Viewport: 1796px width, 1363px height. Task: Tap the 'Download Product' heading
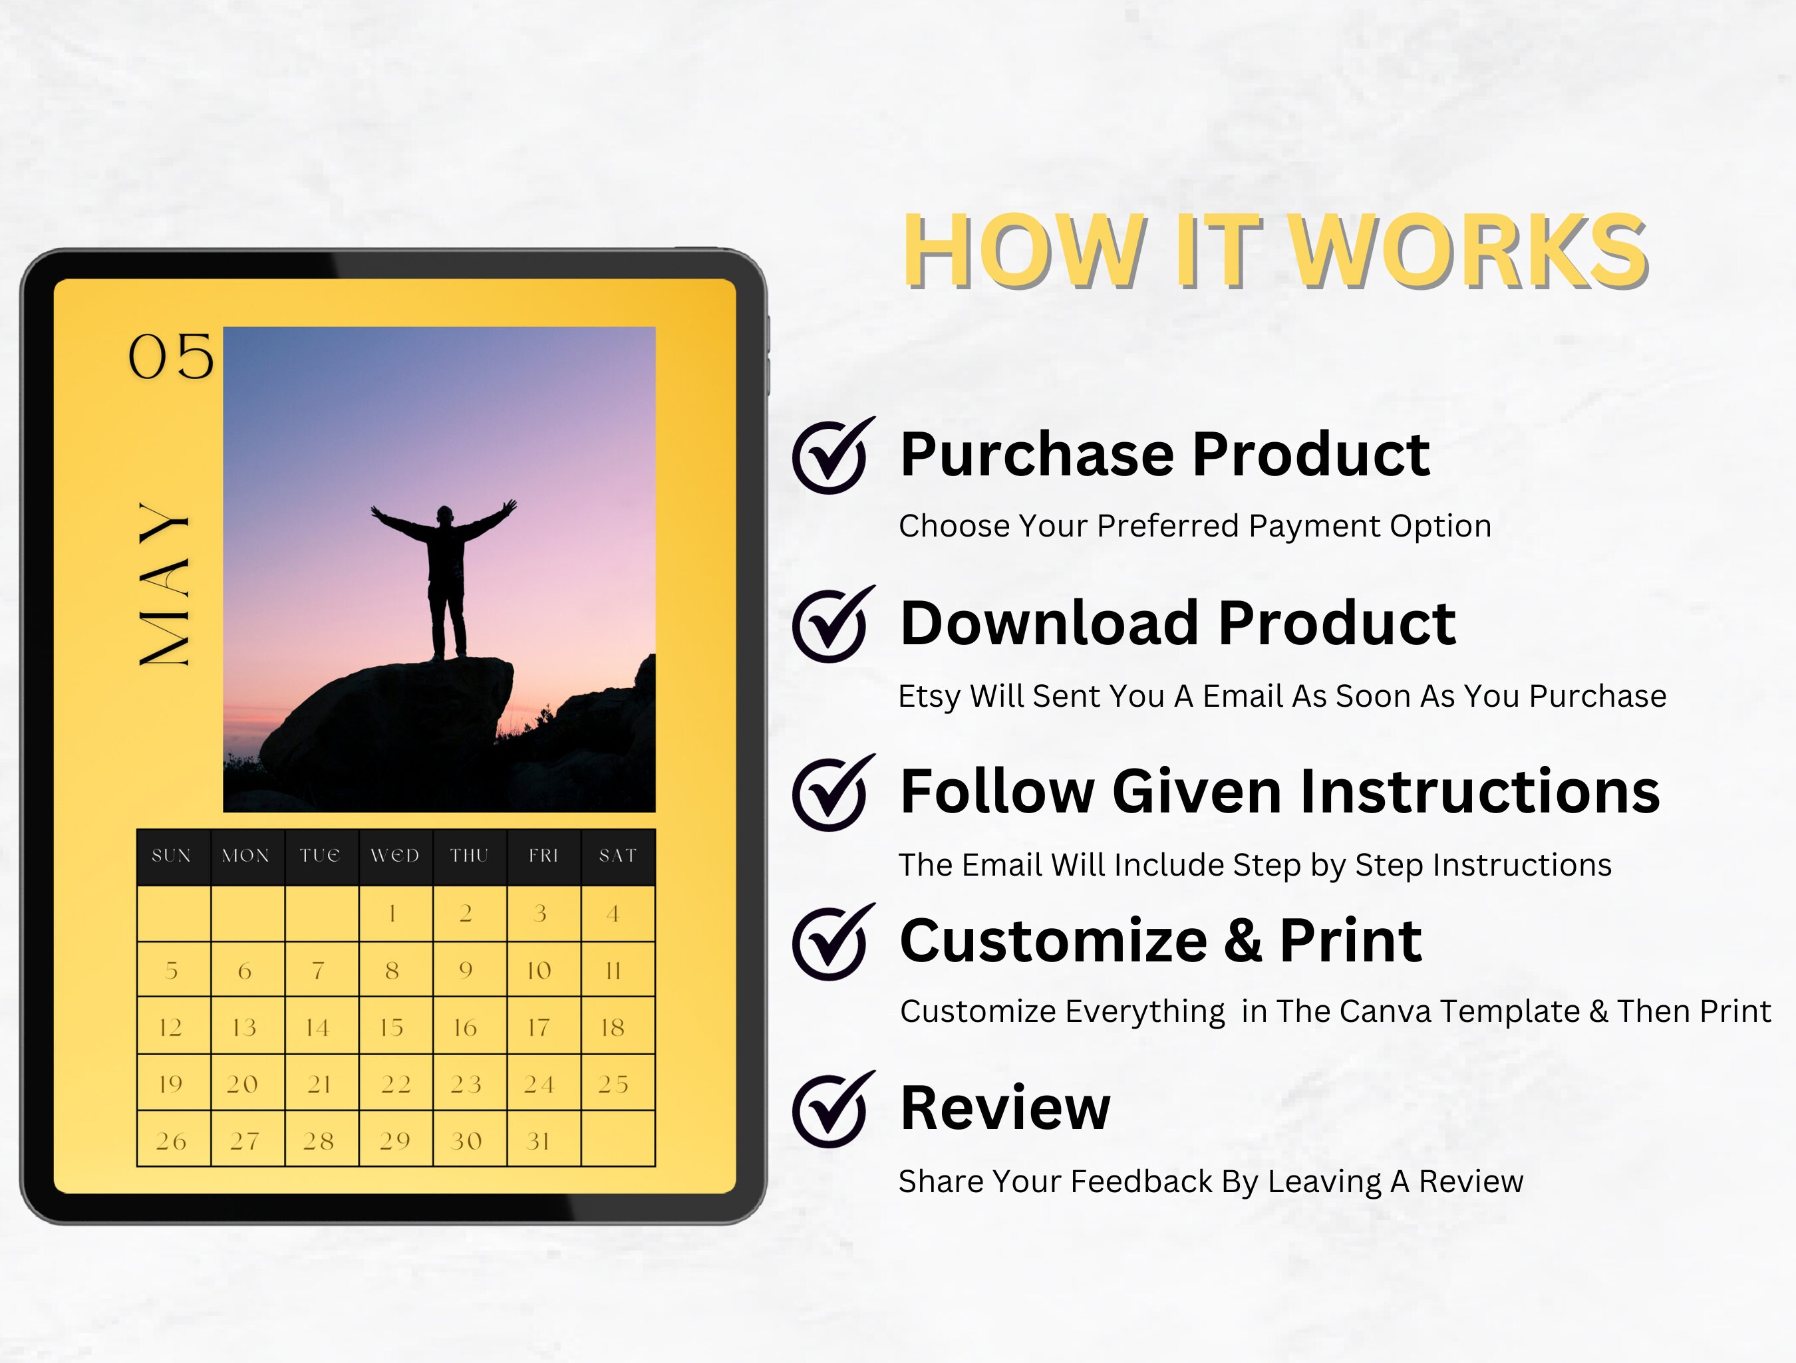click(1177, 624)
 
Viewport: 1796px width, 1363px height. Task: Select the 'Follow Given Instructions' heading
click(1280, 791)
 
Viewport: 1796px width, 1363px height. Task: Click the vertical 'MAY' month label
click(165, 584)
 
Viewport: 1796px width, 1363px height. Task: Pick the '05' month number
click(170, 356)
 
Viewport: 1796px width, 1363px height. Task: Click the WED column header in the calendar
click(395, 856)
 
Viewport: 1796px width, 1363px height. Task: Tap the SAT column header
click(617, 856)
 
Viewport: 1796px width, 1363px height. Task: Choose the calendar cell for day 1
click(395, 914)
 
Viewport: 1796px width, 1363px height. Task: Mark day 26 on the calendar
click(173, 1140)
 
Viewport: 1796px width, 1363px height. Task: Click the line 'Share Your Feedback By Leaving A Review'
click(1210, 1182)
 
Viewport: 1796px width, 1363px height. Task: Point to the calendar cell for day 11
click(617, 970)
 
